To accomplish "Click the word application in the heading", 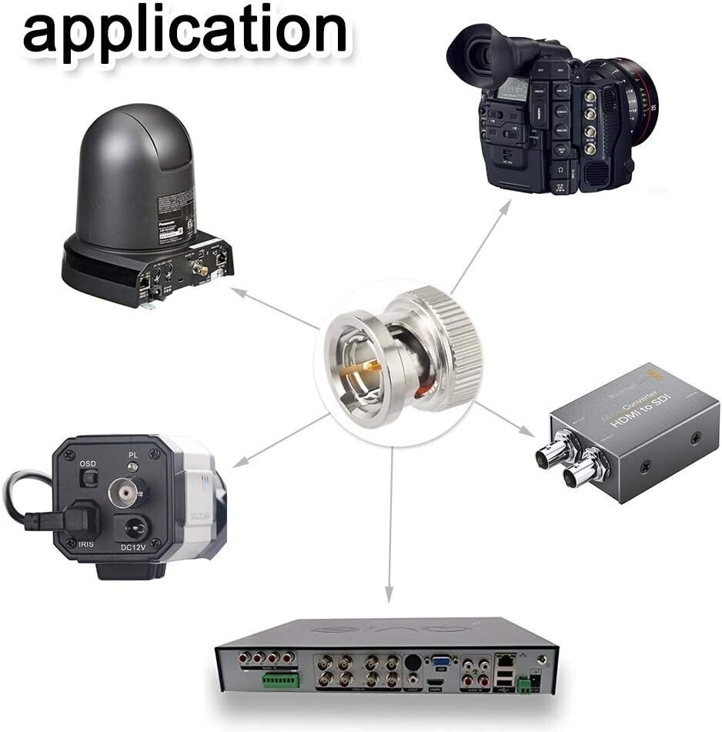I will coord(185,31).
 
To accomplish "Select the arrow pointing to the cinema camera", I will coord(480,246).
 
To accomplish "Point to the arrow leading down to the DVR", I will coord(390,523).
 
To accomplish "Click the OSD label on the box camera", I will coord(88,464).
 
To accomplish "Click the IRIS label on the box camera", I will coord(86,544).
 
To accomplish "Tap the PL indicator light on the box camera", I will coord(133,467).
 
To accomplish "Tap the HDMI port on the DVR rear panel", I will coord(436,683).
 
